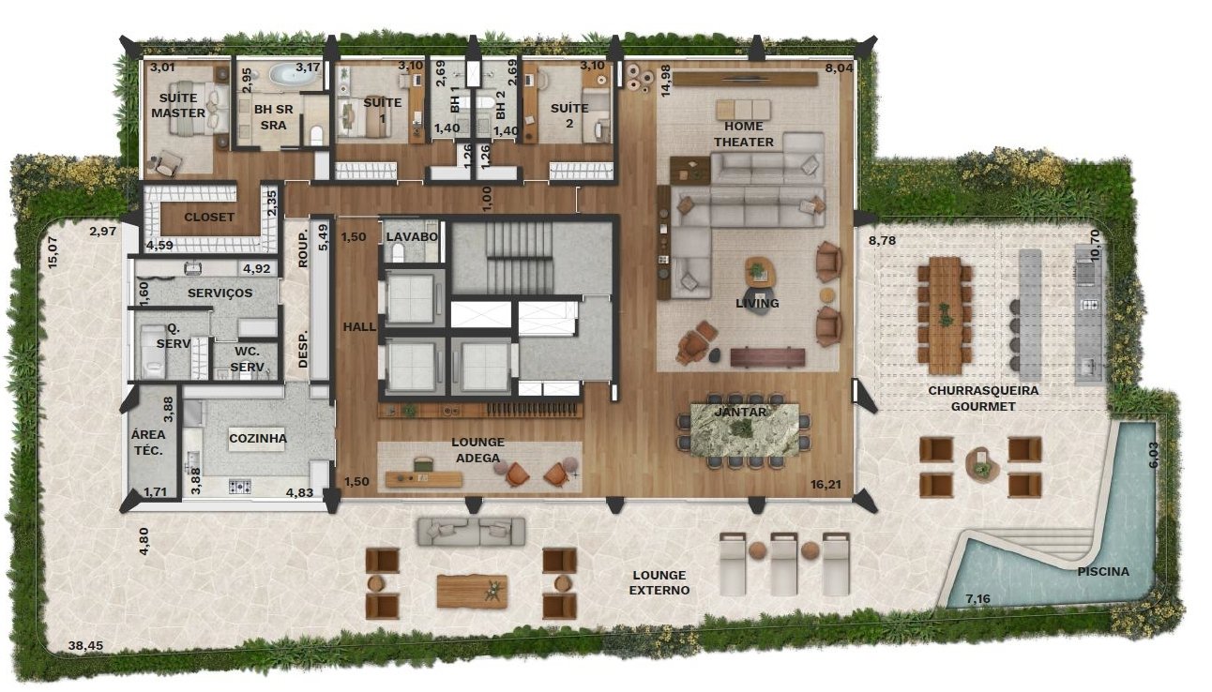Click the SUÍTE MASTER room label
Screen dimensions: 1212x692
click(x=178, y=105)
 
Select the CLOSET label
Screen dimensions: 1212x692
click(x=209, y=218)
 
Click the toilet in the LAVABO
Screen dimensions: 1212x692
click(x=399, y=252)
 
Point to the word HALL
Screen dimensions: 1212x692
click(x=359, y=327)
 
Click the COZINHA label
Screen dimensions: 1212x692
click(x=258, y=439)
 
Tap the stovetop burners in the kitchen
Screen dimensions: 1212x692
click(x=240, y=487)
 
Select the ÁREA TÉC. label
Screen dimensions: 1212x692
click(x=148, y=443)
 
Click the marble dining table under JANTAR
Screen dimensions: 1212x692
click(x=745, y=429)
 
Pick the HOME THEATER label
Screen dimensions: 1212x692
click(x=744, y=134)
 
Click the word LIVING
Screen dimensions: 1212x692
click(x=757, y=303)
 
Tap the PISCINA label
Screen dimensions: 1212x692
click(x=1103, y=571)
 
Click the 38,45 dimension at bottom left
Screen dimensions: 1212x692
click(x=85, y=645)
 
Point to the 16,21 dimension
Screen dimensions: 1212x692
click(x=826, y=485)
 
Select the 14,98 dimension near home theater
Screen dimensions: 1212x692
click(x=665, y=81)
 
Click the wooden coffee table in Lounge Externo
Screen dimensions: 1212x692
click(x=472, y=591)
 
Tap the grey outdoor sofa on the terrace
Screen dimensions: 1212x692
click(x=471, y=532)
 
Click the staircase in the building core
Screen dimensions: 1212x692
click(x=519, y=259)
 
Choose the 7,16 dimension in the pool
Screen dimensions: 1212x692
click(x=977, y=598)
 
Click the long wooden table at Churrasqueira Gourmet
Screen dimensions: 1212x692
click(x=946, y=315)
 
